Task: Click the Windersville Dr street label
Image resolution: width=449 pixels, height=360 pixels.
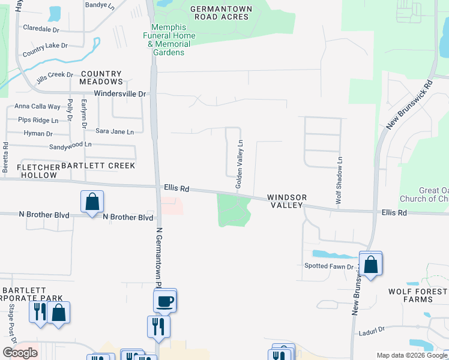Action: coord(121,94)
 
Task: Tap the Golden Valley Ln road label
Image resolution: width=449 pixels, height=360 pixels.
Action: coord(240,164)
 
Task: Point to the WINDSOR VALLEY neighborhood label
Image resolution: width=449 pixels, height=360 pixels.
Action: coord(287,201)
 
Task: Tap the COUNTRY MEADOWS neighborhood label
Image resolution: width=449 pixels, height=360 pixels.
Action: coord(101,77)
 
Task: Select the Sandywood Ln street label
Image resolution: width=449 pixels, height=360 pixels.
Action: coord(70,145)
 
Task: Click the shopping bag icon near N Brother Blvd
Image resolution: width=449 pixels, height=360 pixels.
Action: coord(92,202)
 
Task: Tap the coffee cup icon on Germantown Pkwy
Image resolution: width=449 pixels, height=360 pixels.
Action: coord(164,301)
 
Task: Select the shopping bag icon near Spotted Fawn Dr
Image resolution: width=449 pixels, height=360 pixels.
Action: coord(371,263)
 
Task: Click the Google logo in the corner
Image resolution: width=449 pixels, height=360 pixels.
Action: coord(20,353)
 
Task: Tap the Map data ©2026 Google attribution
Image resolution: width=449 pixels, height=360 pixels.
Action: coord(411,355)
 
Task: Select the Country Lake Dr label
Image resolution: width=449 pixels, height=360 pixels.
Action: coord(45,50)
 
